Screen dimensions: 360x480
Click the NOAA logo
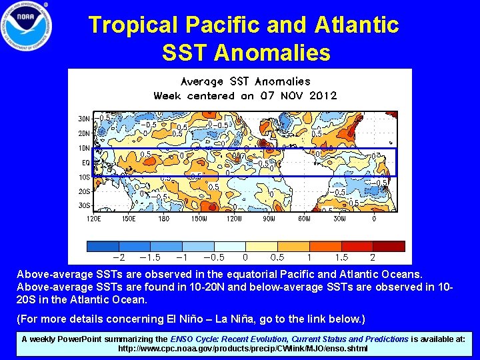tap(27, 27)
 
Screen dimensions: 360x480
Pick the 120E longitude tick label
tap(93, 218)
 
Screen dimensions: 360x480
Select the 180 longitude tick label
tap(163, 218)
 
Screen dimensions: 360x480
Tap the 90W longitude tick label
tap(269, 218)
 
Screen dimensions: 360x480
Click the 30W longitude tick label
tap(339, 218)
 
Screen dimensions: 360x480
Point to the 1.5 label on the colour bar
tap(341, 257)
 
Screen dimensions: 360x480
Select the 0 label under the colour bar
tap(245, 257)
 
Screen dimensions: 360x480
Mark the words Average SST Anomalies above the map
tap(245, 81)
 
